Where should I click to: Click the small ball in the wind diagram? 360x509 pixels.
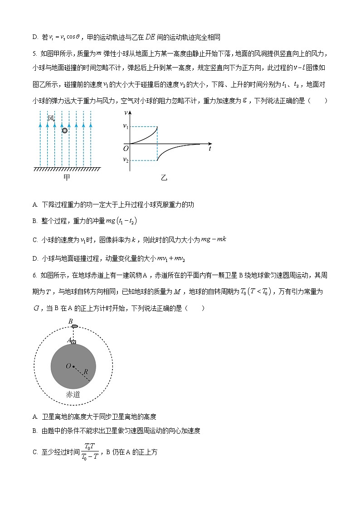pos(65,131)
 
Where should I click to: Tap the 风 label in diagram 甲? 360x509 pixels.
pos(51,119)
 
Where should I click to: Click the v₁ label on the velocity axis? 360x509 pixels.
pos(126,126)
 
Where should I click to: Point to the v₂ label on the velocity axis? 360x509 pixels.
pos(126,160)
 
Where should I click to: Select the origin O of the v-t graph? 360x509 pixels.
pos(126,148)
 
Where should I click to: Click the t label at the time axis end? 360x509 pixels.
pos(210,148)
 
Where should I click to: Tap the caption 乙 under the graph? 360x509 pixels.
pos(164,178)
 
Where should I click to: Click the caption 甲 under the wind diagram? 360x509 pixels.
pos(65,177)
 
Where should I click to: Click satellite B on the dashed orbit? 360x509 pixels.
pos(75,326)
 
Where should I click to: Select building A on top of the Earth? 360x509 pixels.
pos(73,341)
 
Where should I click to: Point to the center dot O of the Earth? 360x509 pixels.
pos(73,366)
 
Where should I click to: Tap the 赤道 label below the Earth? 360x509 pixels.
pos(73,395)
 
